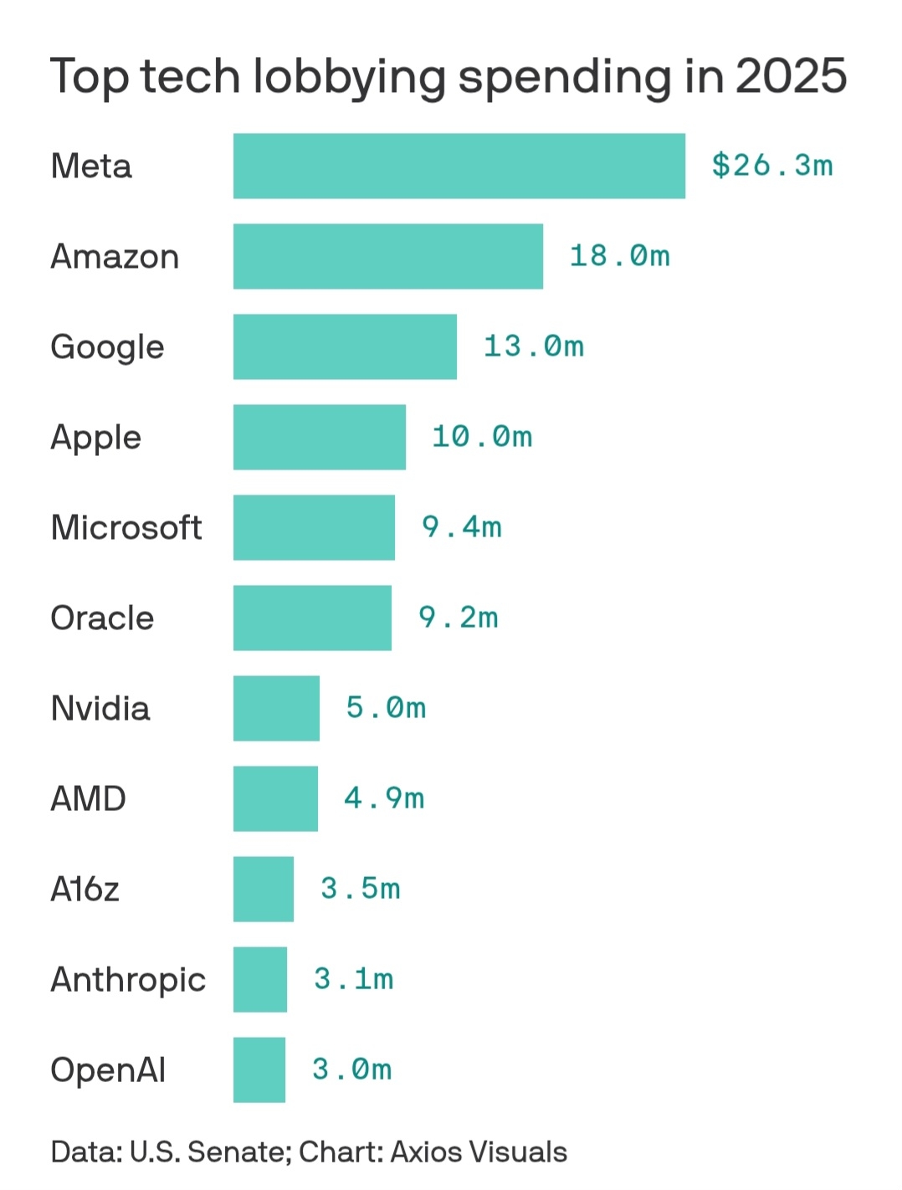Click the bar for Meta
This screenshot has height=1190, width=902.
(459, 166)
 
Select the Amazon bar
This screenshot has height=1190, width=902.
(387, 256)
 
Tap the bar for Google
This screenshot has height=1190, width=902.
(345, 346)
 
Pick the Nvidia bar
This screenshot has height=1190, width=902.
(276, 708)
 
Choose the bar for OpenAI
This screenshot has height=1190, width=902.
(259, 1069)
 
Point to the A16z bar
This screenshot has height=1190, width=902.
(264, 889)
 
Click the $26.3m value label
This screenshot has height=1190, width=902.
(771, 165)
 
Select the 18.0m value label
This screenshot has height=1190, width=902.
(619, 255)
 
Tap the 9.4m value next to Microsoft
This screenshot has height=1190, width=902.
(461, 526)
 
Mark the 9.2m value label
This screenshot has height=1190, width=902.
(459, 617)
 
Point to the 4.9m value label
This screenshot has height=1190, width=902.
(384, 798)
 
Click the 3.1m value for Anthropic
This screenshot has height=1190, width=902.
(353, 978)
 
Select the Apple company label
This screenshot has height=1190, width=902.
(95, 438)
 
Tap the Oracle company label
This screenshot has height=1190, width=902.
(102, 618)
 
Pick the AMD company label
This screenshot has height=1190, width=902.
(88, 798)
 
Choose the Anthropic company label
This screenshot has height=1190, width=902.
(128, 979)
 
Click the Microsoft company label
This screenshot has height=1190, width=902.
(126, 527)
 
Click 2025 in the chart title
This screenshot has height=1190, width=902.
(791, 76)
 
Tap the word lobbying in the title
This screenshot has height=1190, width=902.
(350, 78)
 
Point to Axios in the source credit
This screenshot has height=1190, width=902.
(426, 1152)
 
